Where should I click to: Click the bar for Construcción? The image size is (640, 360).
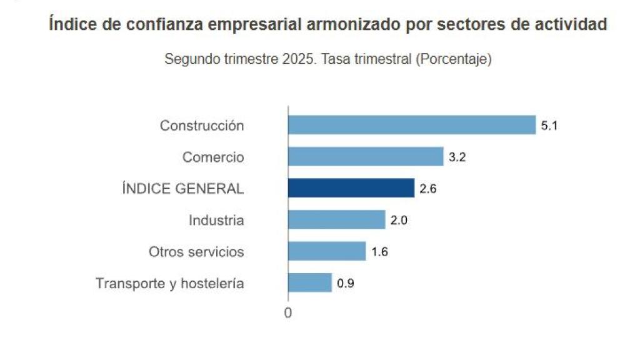(412, 125)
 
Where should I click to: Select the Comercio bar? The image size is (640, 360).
(366, 157)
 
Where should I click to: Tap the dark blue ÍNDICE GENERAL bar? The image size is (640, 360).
(351, 188)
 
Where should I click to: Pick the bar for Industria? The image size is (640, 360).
(336, 220)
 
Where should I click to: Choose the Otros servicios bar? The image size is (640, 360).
(327, 251)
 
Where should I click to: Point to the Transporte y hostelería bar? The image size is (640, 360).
(310, 283)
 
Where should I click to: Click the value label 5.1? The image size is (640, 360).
(549, 126)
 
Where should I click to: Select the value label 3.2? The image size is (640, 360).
(457, 157)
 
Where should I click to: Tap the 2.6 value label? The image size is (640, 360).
(427, 189)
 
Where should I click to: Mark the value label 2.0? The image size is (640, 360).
(398, 221)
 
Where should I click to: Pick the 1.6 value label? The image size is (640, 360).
(379, 252)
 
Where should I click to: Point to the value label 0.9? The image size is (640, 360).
(345, 284)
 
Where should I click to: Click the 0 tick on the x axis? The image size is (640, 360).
(287, 313)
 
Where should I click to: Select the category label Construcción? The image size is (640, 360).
(202, 126)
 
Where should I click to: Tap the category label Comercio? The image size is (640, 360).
(213, 157)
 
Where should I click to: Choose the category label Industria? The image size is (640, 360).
(216, 221)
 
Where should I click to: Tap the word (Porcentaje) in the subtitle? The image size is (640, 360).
(454, 59)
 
